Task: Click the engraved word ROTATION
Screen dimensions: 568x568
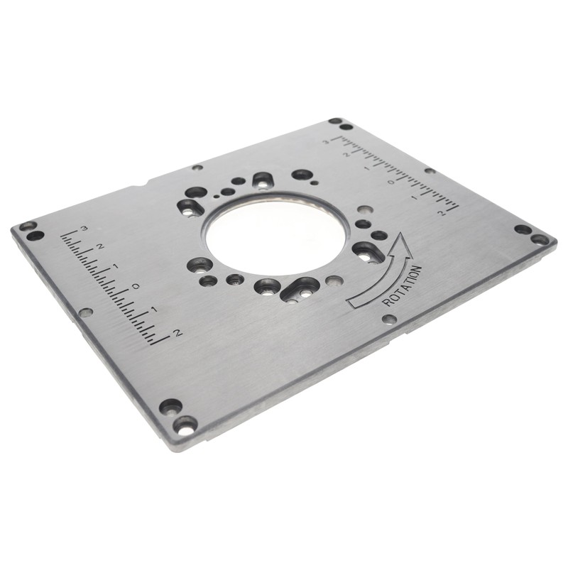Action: tap(403, 286)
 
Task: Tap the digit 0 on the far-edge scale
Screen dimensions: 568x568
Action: tap(390, 181)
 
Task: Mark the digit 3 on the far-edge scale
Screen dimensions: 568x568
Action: tap(326, 141)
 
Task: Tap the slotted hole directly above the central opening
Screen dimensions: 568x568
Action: tap(263, 180)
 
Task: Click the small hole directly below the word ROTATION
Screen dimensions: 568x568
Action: tap(389, 319)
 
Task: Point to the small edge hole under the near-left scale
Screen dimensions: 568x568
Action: tap(86, 312)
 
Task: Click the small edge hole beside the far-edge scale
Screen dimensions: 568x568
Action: tap(430, 170)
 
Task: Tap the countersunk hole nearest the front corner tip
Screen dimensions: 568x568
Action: tap(185, 425)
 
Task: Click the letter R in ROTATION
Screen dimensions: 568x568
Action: tap(387, 301)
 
